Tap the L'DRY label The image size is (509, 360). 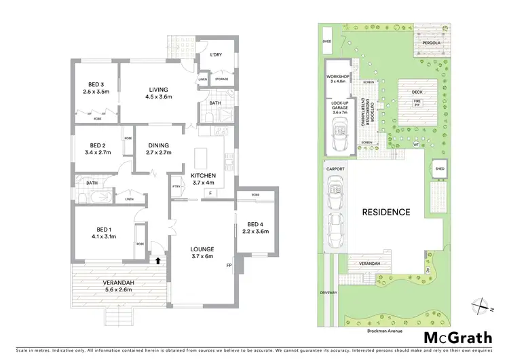click(x=216, y=54)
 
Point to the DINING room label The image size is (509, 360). click(x=158, y=148)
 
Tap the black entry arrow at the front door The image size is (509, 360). click(x=158, y=259)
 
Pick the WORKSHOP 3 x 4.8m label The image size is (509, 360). click(x=337, y=79)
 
